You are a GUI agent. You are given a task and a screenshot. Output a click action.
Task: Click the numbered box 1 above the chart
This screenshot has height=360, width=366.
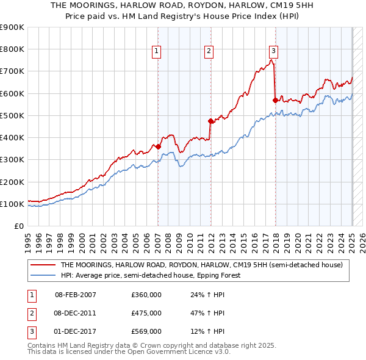pos(157,51)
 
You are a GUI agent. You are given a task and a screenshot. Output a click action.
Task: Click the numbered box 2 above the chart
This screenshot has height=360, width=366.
pos(209,51)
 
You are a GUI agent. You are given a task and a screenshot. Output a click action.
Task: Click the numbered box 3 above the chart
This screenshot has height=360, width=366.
pos(274,51)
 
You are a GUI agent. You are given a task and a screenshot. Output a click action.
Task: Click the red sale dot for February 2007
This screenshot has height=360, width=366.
pos(158,146)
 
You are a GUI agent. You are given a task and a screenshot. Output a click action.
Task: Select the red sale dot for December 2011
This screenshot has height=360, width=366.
pos(210,121)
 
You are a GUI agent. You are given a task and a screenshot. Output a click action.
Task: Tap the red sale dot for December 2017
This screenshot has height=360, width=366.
pos(275,100)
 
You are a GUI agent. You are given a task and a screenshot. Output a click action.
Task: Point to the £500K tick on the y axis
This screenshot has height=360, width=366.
pos(13,115)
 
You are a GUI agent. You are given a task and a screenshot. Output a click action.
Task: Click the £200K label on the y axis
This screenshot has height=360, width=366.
pos(13,182)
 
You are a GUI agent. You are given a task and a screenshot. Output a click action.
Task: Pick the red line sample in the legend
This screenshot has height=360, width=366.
pos(43,265)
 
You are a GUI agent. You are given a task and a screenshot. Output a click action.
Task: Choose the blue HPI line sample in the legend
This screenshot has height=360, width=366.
pos(43,275)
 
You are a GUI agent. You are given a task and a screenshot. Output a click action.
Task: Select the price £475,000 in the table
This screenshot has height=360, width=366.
pos(146,313)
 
